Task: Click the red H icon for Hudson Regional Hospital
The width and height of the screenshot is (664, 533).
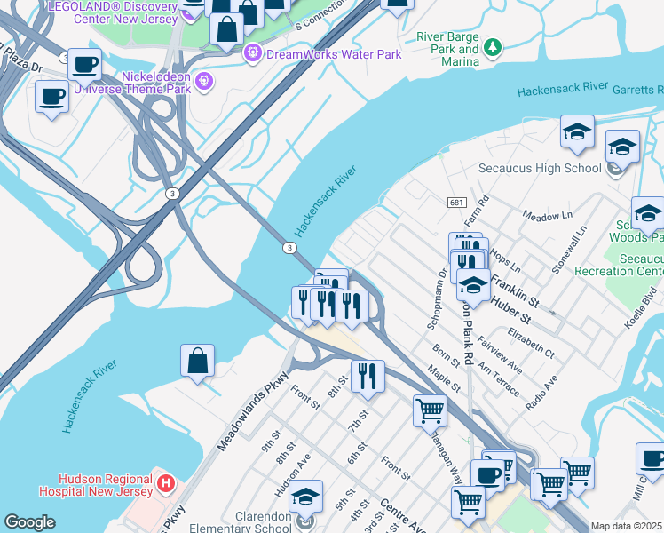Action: click(x=164, y=482)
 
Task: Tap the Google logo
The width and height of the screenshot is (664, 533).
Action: click(x=29, y=522)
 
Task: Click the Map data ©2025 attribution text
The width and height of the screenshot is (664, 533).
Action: click(x=627, y=526)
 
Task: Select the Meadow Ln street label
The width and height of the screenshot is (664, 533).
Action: click(x=547, y=216)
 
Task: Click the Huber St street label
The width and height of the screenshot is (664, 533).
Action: click(x=513, y=315)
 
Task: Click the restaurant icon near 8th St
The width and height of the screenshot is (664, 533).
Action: click(x=367, y=377)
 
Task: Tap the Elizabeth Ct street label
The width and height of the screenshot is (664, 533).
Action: click(x=530, y=344)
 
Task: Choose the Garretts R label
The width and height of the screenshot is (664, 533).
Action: click(x=637, y=91)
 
